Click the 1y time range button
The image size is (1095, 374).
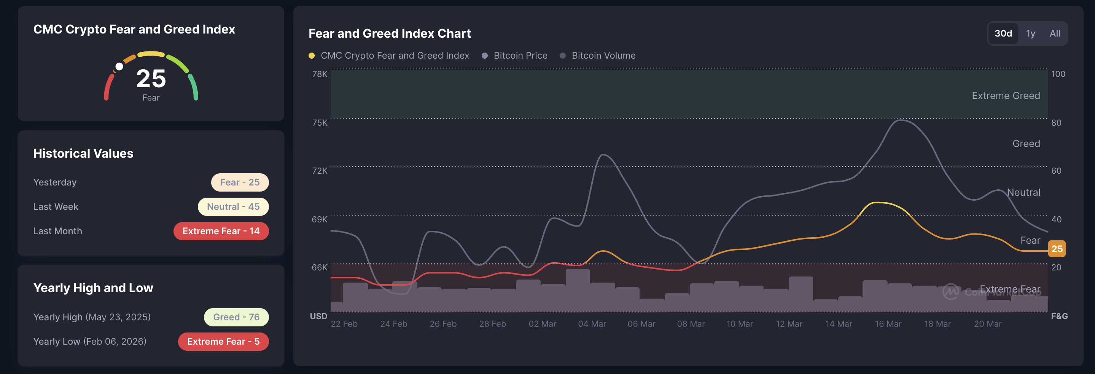(x=1030, y=34)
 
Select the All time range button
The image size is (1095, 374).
(x=1055, y=34)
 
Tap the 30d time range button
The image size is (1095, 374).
(x=1003, y=34)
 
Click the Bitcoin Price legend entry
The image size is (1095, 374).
(x=520, y=56)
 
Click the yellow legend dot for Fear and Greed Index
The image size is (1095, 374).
(x=312, y=56)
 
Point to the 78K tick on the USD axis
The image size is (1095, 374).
(x=320, y=74)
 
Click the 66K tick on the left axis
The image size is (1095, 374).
(x=320, y=268)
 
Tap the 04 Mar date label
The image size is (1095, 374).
(x=592, y=324)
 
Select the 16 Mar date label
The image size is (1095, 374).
(x=888, y=324)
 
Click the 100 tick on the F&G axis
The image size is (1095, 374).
(x=1058, y=74)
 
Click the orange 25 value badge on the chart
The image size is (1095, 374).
(x=1057, y=249)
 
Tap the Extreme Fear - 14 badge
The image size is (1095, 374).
(x=221, y=231)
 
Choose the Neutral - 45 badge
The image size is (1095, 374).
(x=233, y=207)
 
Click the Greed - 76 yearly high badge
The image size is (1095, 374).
(x=236, y=317)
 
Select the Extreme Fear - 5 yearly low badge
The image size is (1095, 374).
(x=223, y=342)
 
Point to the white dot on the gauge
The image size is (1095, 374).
(x=119, y=66)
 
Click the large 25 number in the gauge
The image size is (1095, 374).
(x=151, y=79)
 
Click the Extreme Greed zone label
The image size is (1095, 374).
(x=1006, y=96)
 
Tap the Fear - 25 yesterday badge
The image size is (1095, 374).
(x=240, y=182)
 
